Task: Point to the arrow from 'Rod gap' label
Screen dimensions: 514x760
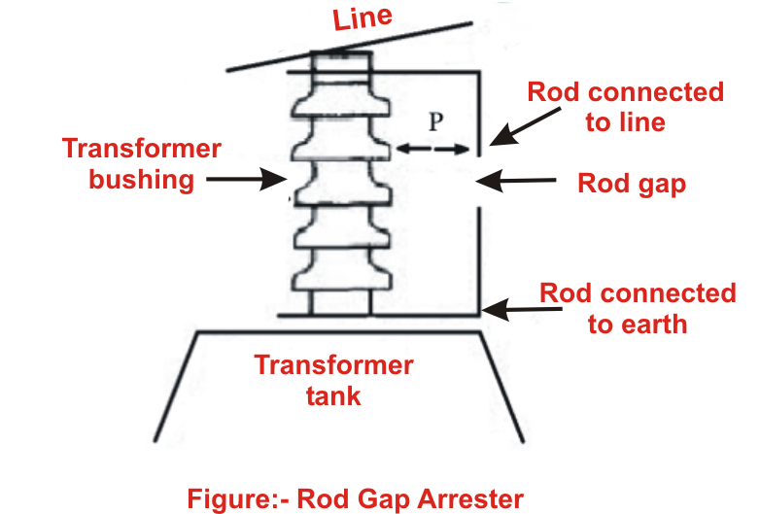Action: (x=515, y=179)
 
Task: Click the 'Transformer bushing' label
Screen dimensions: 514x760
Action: (x=141, y=164)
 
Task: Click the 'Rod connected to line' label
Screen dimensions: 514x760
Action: (x=625, y=107)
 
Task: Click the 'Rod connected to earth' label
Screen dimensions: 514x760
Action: (x=637, y=308)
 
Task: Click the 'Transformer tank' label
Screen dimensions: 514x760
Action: (x=333, y=380)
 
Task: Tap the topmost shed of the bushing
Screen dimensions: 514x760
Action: (x=339, y=101)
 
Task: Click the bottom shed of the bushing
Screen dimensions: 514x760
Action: (x=339, y=281)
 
